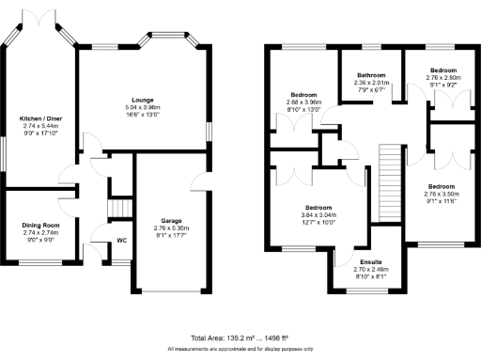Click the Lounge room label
click(x=144, y=98)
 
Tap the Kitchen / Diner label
click(x=38, y=118)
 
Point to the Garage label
click(x=170, y=221)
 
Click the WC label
click(x=121, y=240)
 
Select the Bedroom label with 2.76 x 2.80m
click(x=443, y=71)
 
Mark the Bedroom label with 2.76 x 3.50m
click(x=443, y=186)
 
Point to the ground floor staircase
click(x=118, y=207)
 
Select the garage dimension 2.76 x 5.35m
click(x=170, y=228)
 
